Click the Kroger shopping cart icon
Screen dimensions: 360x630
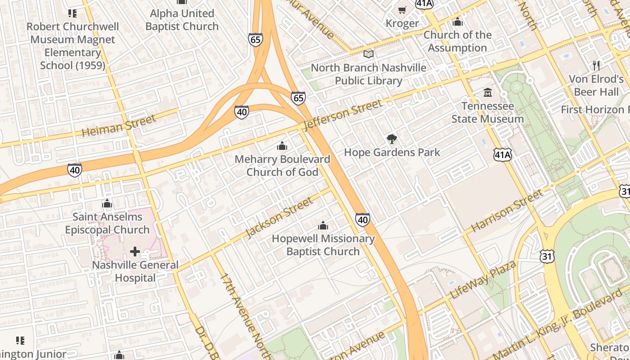point(402,10)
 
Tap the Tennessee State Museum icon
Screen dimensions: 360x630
point(488,93)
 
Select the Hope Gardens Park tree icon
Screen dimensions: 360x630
point(392,139)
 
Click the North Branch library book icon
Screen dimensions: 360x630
point(369,54)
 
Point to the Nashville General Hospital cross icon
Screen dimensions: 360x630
point(135,252)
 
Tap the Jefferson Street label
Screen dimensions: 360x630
point(343,115)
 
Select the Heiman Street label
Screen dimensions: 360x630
point(119,126)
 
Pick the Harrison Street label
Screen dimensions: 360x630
point(507,211)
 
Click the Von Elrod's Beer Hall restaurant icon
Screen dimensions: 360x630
point(596,66)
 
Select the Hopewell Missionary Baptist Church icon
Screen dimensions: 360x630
point(323,225)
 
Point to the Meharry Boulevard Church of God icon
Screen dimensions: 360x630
point(282,146)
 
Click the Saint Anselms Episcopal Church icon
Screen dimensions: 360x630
point(107,203)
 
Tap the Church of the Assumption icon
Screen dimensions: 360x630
point(458,22)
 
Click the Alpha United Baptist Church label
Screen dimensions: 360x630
point(182,20)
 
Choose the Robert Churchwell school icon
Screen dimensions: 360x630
point(72,13)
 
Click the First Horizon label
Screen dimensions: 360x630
point(594,109)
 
